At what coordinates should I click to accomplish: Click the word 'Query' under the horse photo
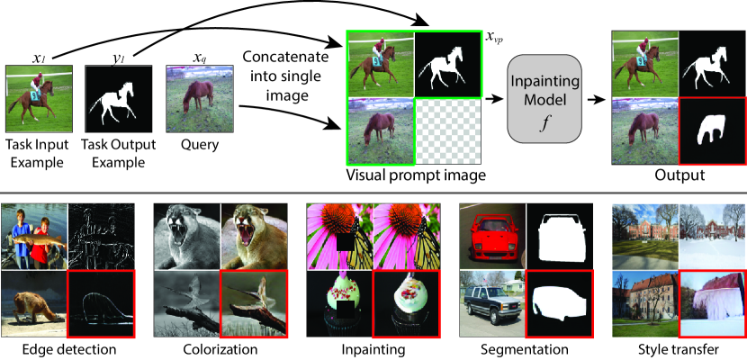tap(187, 144)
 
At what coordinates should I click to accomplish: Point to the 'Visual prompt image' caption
tap(415, 175)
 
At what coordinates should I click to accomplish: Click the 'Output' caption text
tap(680, 175)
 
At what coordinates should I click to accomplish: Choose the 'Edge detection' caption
tap(67, 346)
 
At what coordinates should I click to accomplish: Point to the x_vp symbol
tap(494, 38)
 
